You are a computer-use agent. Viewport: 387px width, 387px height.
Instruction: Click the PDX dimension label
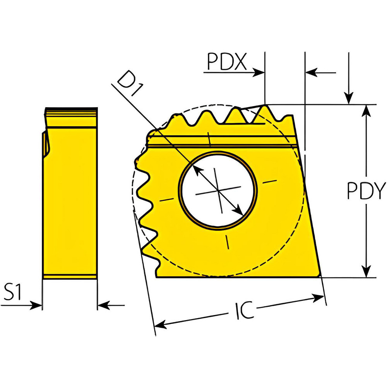click(226, 62)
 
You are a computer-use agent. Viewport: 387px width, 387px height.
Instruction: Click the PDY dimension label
click(366, 191)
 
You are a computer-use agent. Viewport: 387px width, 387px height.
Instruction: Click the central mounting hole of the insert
click(218, 190)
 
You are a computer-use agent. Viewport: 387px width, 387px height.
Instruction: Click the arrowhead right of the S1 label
click(38, 305)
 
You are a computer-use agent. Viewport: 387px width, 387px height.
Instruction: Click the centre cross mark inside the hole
click(218, 191)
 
